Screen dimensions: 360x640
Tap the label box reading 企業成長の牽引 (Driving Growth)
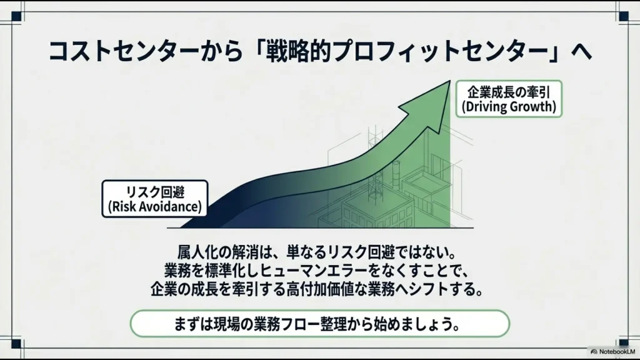coord(508,99)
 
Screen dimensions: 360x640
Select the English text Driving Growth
coord(508,107)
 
